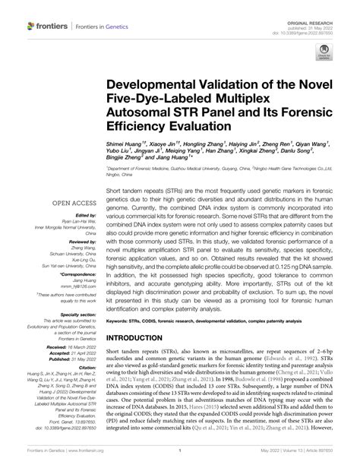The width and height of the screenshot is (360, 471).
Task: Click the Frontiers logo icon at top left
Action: tap(30, 27)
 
